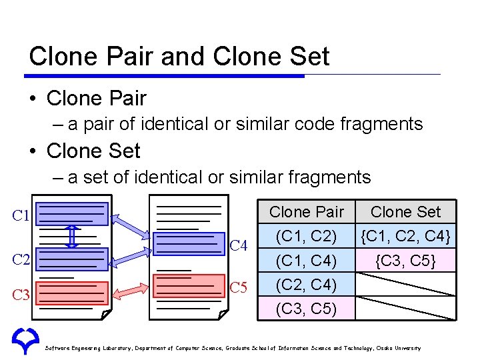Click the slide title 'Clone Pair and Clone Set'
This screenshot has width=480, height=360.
coord(179,56)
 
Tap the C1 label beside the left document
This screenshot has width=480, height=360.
coord(21,216)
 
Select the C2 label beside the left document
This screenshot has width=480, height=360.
coord(21,259)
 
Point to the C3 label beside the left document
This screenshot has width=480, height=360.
coord(21,294)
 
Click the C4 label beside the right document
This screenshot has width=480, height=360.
coord(239,247)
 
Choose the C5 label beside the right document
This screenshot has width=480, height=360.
coord(239,288)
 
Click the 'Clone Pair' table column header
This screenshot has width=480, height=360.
coord(307,212)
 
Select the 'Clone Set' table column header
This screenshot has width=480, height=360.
coord(405,212)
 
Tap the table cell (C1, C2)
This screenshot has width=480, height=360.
coord(307,235)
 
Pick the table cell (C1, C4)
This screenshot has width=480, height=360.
coord(307,260)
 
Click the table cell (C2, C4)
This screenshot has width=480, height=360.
coord(307,285)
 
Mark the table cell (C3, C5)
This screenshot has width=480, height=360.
coord(307,309)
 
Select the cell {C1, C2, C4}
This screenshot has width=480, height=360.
coord(405,235)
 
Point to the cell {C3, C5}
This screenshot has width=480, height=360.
coord(405,260)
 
